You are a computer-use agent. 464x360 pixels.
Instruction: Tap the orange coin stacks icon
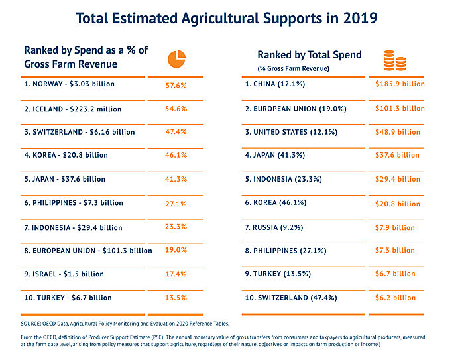click(395, 60)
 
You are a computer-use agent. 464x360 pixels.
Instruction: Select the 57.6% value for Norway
click(176, 85)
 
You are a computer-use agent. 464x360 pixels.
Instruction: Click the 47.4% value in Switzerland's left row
click(176, 132)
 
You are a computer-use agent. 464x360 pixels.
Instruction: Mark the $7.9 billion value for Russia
click(394, 228)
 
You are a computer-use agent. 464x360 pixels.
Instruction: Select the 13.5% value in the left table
click(176, 298)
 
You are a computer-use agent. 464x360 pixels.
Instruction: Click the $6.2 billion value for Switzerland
click(394, 298)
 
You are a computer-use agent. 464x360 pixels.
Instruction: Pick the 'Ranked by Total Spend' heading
click(310, 55)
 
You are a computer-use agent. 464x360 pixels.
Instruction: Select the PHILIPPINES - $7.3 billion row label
click(73, 203)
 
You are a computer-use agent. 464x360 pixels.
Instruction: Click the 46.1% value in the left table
click(176, 155)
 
